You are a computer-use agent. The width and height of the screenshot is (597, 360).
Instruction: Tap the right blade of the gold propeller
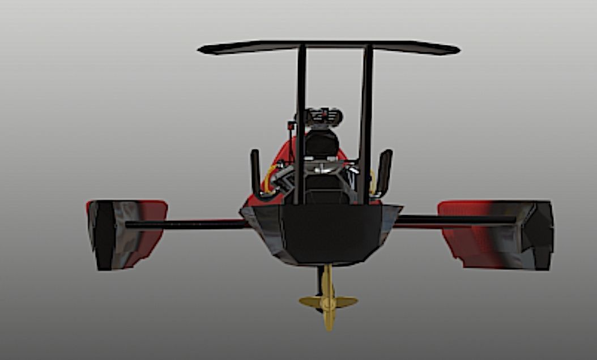point(345,302)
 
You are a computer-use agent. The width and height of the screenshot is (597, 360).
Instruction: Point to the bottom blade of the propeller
point(329,320)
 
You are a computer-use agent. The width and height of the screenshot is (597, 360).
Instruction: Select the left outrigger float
point(126,234)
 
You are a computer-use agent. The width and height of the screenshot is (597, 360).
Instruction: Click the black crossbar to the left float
point(187,225)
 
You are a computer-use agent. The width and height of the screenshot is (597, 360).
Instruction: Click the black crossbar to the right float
point(453,220)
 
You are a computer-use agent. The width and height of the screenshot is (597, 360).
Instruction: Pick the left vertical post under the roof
point(300,125)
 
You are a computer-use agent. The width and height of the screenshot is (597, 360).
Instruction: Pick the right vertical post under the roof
point(366,125)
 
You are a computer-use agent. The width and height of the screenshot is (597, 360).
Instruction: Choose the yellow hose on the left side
point(268,178)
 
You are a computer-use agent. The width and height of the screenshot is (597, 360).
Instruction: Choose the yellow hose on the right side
point(373,180)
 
